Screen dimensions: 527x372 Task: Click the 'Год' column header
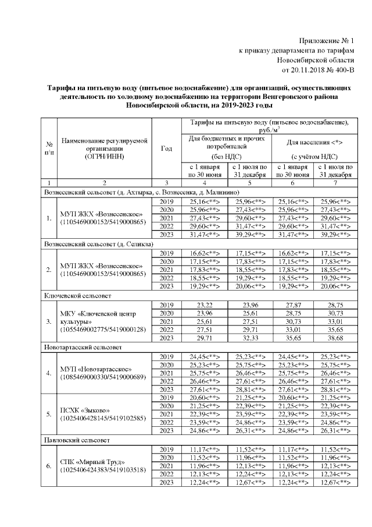166,148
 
